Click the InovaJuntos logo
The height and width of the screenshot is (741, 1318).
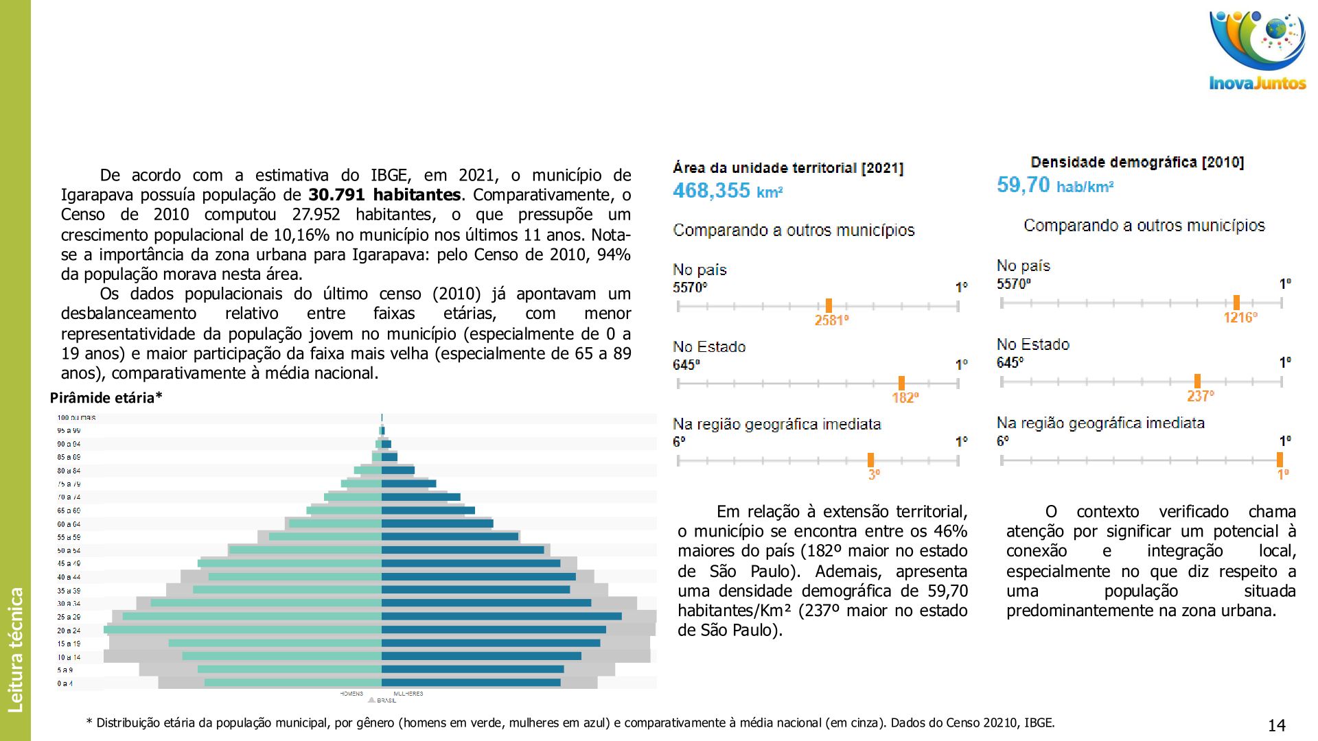[1257, 51]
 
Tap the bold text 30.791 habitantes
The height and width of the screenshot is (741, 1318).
[384, 195]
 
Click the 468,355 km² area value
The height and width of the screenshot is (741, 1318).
[728, 191]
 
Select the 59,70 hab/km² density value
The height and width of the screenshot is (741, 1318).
[1054, 185]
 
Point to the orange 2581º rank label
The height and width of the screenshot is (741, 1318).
[831, 320]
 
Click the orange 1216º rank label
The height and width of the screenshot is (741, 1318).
[1240, 318]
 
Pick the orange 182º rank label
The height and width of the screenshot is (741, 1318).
[905, 398]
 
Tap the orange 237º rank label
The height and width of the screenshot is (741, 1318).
[1200, 397]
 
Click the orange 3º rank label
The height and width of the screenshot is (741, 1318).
[873, 474]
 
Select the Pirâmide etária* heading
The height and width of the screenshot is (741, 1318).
[106, 398]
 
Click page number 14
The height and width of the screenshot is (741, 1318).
[1276, 725]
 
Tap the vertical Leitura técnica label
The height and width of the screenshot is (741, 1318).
[15, 649]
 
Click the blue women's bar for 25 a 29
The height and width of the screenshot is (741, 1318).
[501, 616]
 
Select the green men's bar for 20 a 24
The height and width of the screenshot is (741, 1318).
[243, 629]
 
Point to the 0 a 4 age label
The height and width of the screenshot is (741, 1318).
[65, 683]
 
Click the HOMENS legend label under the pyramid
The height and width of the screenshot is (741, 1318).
[351, 694]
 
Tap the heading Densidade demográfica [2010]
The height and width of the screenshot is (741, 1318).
[1137, 163]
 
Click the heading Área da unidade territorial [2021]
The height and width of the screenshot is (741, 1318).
[788, 168]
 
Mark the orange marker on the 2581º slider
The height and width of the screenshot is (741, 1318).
[829, 306]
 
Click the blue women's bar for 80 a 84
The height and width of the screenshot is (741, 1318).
[398, 470]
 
